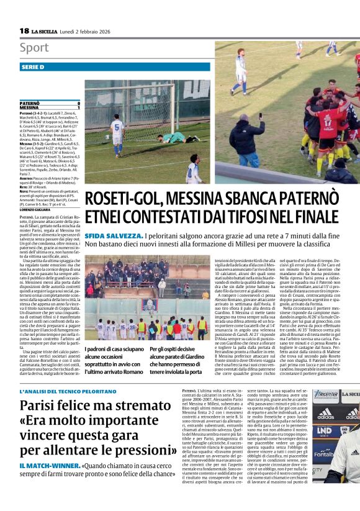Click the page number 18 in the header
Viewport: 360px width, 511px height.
(24, 30)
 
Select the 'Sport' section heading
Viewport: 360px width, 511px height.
(34, 48)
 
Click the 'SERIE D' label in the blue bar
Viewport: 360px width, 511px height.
(33, 66)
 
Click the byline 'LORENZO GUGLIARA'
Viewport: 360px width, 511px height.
(36, 227)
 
